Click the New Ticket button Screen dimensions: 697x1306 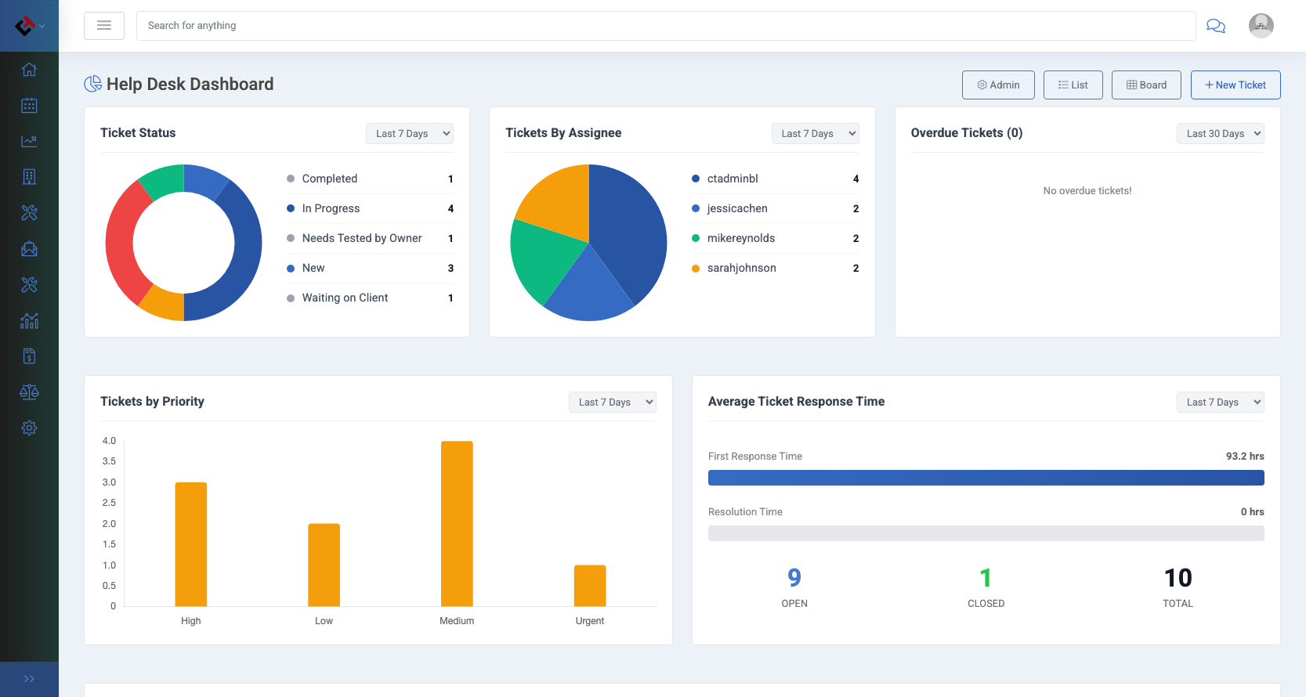pos(1235,85)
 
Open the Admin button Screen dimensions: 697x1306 pos(998,85)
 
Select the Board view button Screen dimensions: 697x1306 pos(1146,85)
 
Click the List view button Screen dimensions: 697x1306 pos(1073,85)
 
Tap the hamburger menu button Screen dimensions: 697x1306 pos(104,26)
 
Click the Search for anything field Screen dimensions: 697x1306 pos(666,26)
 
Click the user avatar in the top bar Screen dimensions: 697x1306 pos(1261,26)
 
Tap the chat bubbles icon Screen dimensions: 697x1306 pos(1216,26)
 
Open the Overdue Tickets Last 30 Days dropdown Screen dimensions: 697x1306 pos(1220,133)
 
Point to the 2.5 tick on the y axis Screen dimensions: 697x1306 pos(109,503)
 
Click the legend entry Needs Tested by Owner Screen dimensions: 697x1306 pos(361,238)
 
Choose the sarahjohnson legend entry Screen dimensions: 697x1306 pos(741,268)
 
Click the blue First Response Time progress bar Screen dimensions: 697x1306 pos(986,478)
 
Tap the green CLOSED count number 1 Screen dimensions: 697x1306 pos(986,578)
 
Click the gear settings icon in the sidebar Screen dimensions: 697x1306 pos(29,428)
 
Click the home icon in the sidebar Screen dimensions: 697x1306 pos(29,70)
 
